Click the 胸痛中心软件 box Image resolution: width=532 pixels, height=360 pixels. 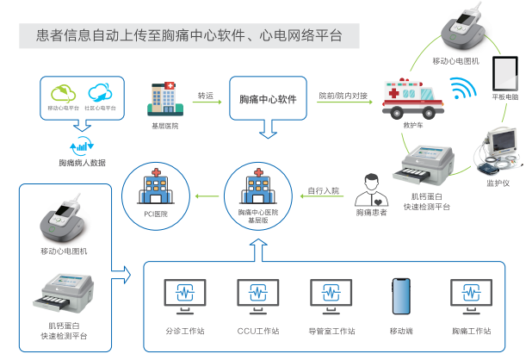268,99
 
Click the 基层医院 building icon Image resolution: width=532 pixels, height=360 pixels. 164,98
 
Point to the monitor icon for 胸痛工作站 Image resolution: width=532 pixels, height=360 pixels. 470,295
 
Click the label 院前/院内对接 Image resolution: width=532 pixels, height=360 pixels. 343,95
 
